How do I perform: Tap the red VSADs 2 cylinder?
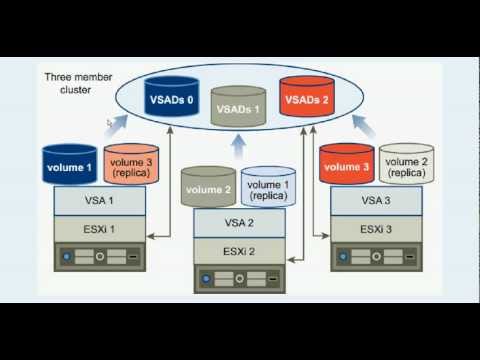click(308, 99)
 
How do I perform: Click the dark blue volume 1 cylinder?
click(70, 164)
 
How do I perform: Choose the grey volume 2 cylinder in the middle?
click(208, 188)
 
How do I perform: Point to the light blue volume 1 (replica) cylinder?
click(266, 189)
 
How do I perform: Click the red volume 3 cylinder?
click(348, 164)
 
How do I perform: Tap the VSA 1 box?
click(98, 199)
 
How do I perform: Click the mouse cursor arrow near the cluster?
click(109, 123)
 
